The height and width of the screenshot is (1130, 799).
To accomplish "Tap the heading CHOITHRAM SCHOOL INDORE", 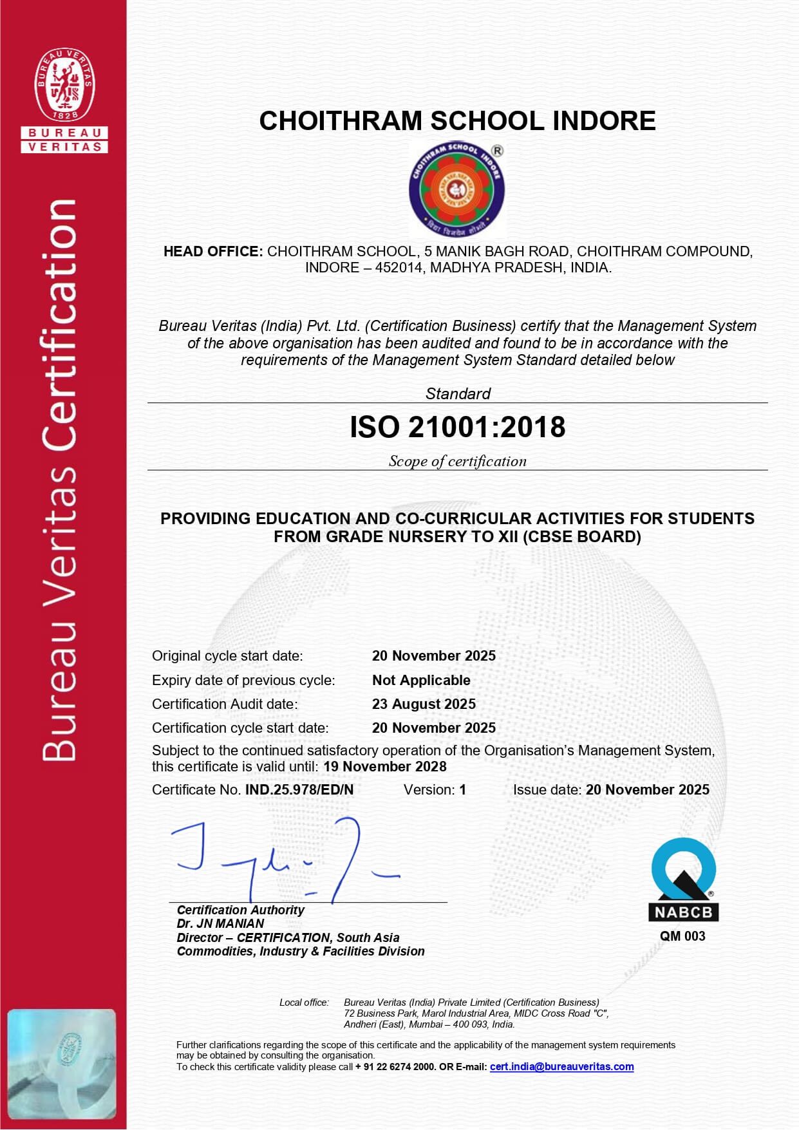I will point(457,121).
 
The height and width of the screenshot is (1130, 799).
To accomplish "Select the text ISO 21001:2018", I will point(457,427).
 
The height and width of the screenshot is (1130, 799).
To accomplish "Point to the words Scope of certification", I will point(457,461).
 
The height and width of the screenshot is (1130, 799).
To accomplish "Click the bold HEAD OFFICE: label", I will point(212,251).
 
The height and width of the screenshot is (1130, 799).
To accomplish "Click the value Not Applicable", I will point(421,680).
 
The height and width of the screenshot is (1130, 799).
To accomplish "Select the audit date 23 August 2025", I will point(424,704).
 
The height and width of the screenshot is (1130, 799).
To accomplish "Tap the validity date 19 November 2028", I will point(385,766).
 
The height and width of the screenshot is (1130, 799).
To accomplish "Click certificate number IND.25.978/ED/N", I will point(299,789).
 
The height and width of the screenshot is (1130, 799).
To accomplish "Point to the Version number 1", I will point(462,789).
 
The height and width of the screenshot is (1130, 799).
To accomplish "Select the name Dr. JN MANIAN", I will point(220,923).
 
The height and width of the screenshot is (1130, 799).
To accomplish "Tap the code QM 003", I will point(682,936).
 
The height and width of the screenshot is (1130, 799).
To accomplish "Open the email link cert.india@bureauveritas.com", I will point(561,1066).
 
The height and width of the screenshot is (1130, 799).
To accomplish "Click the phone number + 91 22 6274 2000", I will point(395,1067).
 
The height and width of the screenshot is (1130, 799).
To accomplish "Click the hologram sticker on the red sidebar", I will point(62,1064).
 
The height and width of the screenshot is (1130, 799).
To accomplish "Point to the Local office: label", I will point(304,1003).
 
